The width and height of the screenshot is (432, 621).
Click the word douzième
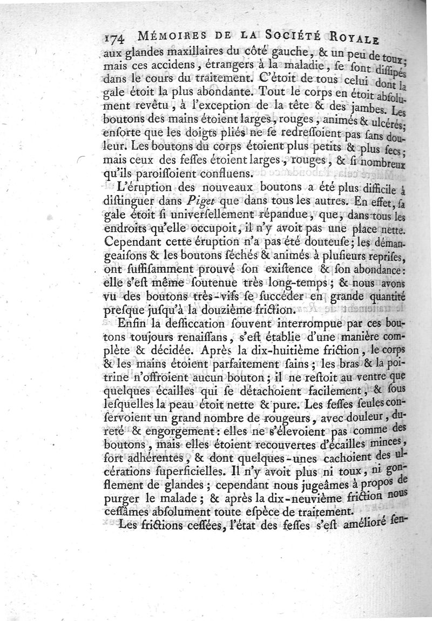click(x=248, y=310)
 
